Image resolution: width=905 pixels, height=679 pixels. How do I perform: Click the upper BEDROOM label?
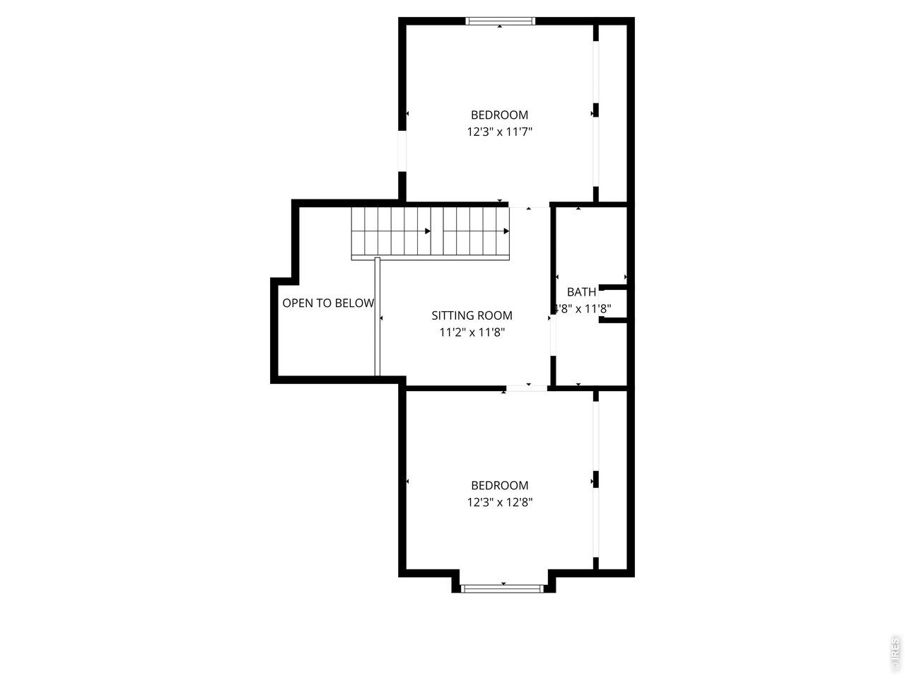[499, 115]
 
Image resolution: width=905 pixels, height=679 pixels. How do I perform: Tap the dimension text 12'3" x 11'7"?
[499, 132]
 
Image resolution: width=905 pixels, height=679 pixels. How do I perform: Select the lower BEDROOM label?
[499, 485]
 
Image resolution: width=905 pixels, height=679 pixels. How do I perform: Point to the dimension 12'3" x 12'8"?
[499, 502]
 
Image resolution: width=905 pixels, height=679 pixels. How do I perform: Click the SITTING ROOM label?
[472, 315]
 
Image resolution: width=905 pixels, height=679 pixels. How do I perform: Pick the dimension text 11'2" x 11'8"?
[472, 332]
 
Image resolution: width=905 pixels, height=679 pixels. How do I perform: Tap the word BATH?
[581, 291]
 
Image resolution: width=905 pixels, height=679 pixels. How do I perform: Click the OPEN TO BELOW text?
[328, 303]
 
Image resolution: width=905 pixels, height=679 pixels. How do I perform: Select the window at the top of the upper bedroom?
[501, 21]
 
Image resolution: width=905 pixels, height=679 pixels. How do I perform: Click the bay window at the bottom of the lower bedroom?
[502, 588]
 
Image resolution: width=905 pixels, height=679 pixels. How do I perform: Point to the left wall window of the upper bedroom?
[402, 151]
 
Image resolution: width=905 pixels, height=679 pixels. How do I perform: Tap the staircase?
[430, 232]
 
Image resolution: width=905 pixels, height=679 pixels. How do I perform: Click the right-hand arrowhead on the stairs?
[506, 231]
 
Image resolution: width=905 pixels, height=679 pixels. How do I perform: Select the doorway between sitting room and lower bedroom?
[527, 388]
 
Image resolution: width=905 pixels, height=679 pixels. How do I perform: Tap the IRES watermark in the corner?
[895, 654]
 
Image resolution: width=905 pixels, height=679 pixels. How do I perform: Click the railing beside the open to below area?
[378, 316]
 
